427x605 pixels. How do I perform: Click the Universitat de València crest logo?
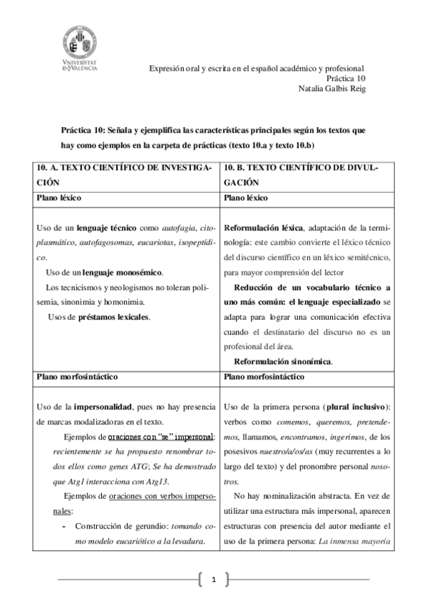(x=81, y=44)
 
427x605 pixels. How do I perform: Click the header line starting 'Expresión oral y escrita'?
(x=256, y=68)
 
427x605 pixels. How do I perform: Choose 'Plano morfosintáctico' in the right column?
(x=264, y=375)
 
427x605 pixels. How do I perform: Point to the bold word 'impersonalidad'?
(x=104, y=406)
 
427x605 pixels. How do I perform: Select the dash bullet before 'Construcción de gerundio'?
(x=65, y=525)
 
